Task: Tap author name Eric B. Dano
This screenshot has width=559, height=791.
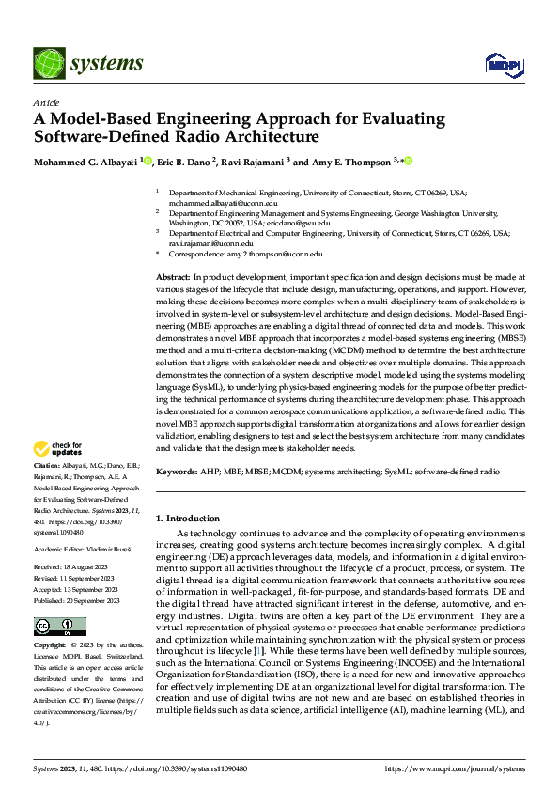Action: pyautogui.click(x=182, y=162)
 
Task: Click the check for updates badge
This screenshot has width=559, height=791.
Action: pyautogui.click(x=61, y=448)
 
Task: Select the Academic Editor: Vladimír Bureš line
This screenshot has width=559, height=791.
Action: pyautogui.click(x=82, y=522)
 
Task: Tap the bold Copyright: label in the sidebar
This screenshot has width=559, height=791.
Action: pyautogui.click(x=51, y=620)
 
